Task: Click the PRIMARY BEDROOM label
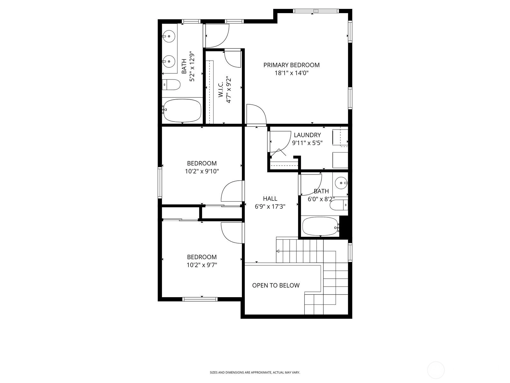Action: pos(291,65)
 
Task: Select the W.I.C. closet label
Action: pos(221,90)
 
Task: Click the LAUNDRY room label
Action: pos(307,135)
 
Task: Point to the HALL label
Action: pos(270,199)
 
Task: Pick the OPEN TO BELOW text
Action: pos(276,285)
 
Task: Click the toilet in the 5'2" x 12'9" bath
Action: pos(171,85)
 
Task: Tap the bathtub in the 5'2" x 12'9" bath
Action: pos(182,111)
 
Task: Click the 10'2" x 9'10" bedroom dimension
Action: pos(202,172)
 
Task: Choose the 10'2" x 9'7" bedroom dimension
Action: pos(202,265)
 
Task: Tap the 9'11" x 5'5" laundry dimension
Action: pos(307,143)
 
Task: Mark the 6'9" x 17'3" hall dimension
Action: pos(270,207)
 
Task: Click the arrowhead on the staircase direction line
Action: pos(278,251)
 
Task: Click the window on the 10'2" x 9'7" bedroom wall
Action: pos(200,299)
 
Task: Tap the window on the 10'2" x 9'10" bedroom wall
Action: pos(160,183)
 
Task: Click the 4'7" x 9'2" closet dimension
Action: pos(229,90)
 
